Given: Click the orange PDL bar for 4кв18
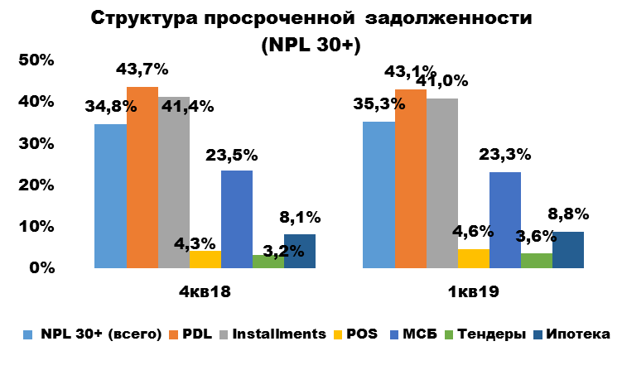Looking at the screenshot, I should pos(142,177).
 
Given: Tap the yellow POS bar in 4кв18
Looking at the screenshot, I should pos(205,260).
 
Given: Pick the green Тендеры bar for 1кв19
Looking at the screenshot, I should pos(537,261).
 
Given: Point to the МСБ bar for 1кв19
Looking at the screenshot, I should pos(505,220).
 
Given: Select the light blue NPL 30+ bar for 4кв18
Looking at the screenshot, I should pos(111,196).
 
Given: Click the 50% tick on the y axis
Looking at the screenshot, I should pos(37,60).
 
